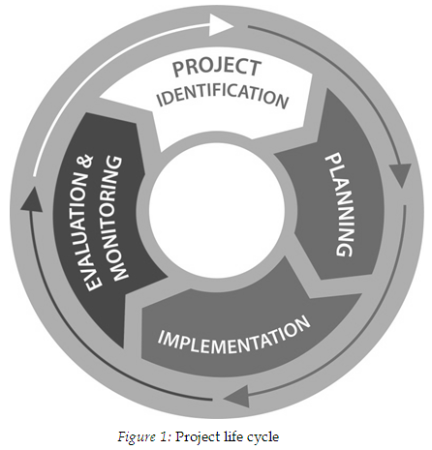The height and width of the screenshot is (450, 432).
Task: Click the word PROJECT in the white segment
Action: point(217,68)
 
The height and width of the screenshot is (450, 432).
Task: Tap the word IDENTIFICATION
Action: point(223,95)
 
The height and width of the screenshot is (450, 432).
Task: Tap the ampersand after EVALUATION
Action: point(85,162)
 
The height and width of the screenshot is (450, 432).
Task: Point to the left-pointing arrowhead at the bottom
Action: point(236,396)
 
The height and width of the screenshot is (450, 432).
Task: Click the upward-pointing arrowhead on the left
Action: point(31,200)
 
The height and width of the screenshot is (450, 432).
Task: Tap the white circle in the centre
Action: point(217,209)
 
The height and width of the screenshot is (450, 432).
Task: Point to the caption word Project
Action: point(198,437)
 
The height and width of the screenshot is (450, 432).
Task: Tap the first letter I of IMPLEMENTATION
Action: point(161,337)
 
